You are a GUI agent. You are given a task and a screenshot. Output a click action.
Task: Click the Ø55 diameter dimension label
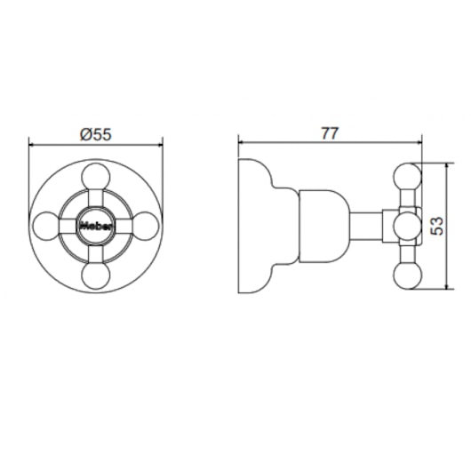tap(96, 134)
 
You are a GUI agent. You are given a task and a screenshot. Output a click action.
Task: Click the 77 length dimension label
tap(330, 133)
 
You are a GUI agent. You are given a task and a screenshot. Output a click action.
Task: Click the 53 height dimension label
tap(436, 226)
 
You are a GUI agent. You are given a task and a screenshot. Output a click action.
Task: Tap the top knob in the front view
tap(96, 177)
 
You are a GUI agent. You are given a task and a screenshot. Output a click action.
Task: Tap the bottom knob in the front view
tap(96, 275)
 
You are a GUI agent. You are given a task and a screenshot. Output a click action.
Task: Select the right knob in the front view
tap(145, 227)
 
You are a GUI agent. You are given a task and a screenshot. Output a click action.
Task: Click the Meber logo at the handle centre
tap(97, 226)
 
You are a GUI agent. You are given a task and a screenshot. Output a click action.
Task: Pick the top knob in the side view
tap(407, 177)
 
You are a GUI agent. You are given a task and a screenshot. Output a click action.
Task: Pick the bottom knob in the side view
tap(407, 275)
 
